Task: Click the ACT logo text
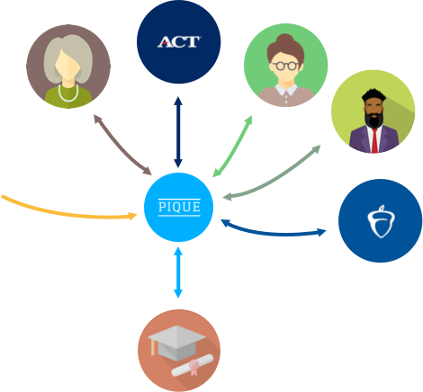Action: [179, 42]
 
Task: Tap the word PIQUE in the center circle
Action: [179, 207]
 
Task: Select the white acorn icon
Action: [381, 221]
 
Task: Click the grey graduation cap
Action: [177, 343]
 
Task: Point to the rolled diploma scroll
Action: [193, 365]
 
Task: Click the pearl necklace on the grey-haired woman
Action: [68, 94]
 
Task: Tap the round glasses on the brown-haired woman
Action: [285, 66]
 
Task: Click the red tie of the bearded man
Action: [374, 140]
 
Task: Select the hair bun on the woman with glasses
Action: [284, 40]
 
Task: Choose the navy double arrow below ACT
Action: [178, 132]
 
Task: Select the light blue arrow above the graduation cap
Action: [178, 272]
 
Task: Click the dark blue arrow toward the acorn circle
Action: [273, 232]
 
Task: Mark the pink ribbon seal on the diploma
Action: [193, 368]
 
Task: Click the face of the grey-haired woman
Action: [68, 66]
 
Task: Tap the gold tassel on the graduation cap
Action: [153, 347]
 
